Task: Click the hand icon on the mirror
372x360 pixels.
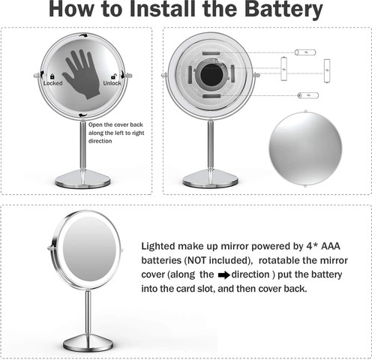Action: pyautogui.click(x=82, y=74)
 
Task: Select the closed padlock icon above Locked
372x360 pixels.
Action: pyautogui.click(x=52, y=76)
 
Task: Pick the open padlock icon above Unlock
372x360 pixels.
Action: pyautogui.click(x=113, y=76)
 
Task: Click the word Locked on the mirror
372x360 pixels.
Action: pyautogui.click(x=53, y=83)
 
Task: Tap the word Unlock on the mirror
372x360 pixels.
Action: pyautogui.click(x=112, y=83)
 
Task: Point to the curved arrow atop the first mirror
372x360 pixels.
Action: pyautogui.click(x=84, y=35)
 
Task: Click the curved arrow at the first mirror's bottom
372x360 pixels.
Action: pyautogui.click(x=82, y=115)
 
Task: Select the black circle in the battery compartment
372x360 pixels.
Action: pyautogui.click(x=211, y=74)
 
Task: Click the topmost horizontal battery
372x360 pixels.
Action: pyautogui.click(x=305, y=52)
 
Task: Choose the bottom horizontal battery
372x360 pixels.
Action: pyautogui.click(x=308, y=95)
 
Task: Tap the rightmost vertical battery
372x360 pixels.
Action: pyautogui.click(x=327, y=70)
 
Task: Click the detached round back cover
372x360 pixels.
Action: pyautogui.click(x=305, y=148)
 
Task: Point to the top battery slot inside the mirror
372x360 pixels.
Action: pyautogui.click(x=211, y=53)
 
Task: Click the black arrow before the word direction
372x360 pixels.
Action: pyautogui.click(x=223, y=275)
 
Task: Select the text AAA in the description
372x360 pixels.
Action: pyautogui.click(x=331, y=246)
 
